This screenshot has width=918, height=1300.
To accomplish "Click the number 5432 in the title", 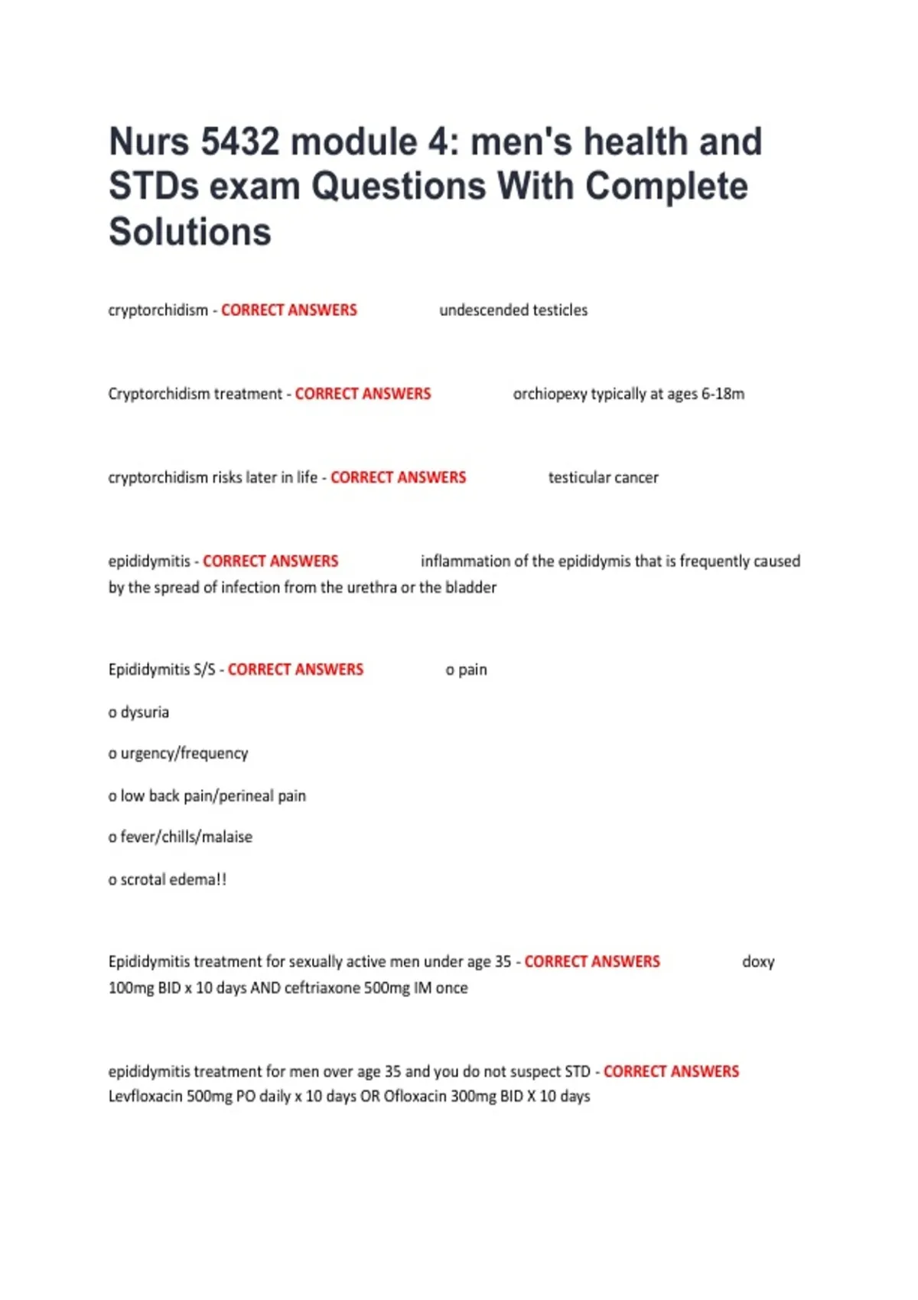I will tap(239, 142).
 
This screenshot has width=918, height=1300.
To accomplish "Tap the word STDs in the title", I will tap(153, 187).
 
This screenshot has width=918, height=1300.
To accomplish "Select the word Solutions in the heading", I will tap(190, 232).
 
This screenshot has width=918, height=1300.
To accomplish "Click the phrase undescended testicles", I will tap(513, 310).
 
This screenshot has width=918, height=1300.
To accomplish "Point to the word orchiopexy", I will tap(549, 394).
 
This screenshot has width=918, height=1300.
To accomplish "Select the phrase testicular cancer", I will tap(603, 478).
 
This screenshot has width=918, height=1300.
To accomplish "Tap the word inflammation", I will tap(465, 561).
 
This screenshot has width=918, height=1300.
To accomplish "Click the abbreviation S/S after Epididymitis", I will tap(204, 670).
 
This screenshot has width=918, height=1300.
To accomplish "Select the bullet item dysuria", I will tap(144, 712).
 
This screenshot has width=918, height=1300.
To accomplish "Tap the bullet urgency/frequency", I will tap(184, 754).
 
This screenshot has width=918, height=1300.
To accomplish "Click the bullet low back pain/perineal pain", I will tap(213, 796).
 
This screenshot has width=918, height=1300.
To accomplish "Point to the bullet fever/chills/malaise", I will tap(186, 837).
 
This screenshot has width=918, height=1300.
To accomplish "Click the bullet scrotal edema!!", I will tap(173, 879).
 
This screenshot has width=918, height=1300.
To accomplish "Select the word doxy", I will tap(758, 962).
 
